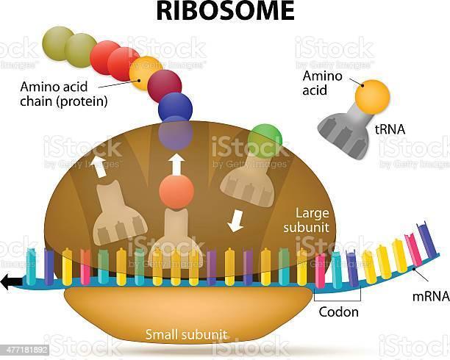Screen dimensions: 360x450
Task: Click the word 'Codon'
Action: (x=338, y=312)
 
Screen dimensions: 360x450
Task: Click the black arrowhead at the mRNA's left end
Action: (x=9, y=280)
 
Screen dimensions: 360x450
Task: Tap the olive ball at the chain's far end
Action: (x=57, y=41)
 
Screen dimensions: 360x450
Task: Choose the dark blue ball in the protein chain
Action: (x=175, y=107)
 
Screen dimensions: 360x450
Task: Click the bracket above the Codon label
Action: (x=337, y=300)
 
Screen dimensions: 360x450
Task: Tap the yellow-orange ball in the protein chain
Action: (x=144, y=72)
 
